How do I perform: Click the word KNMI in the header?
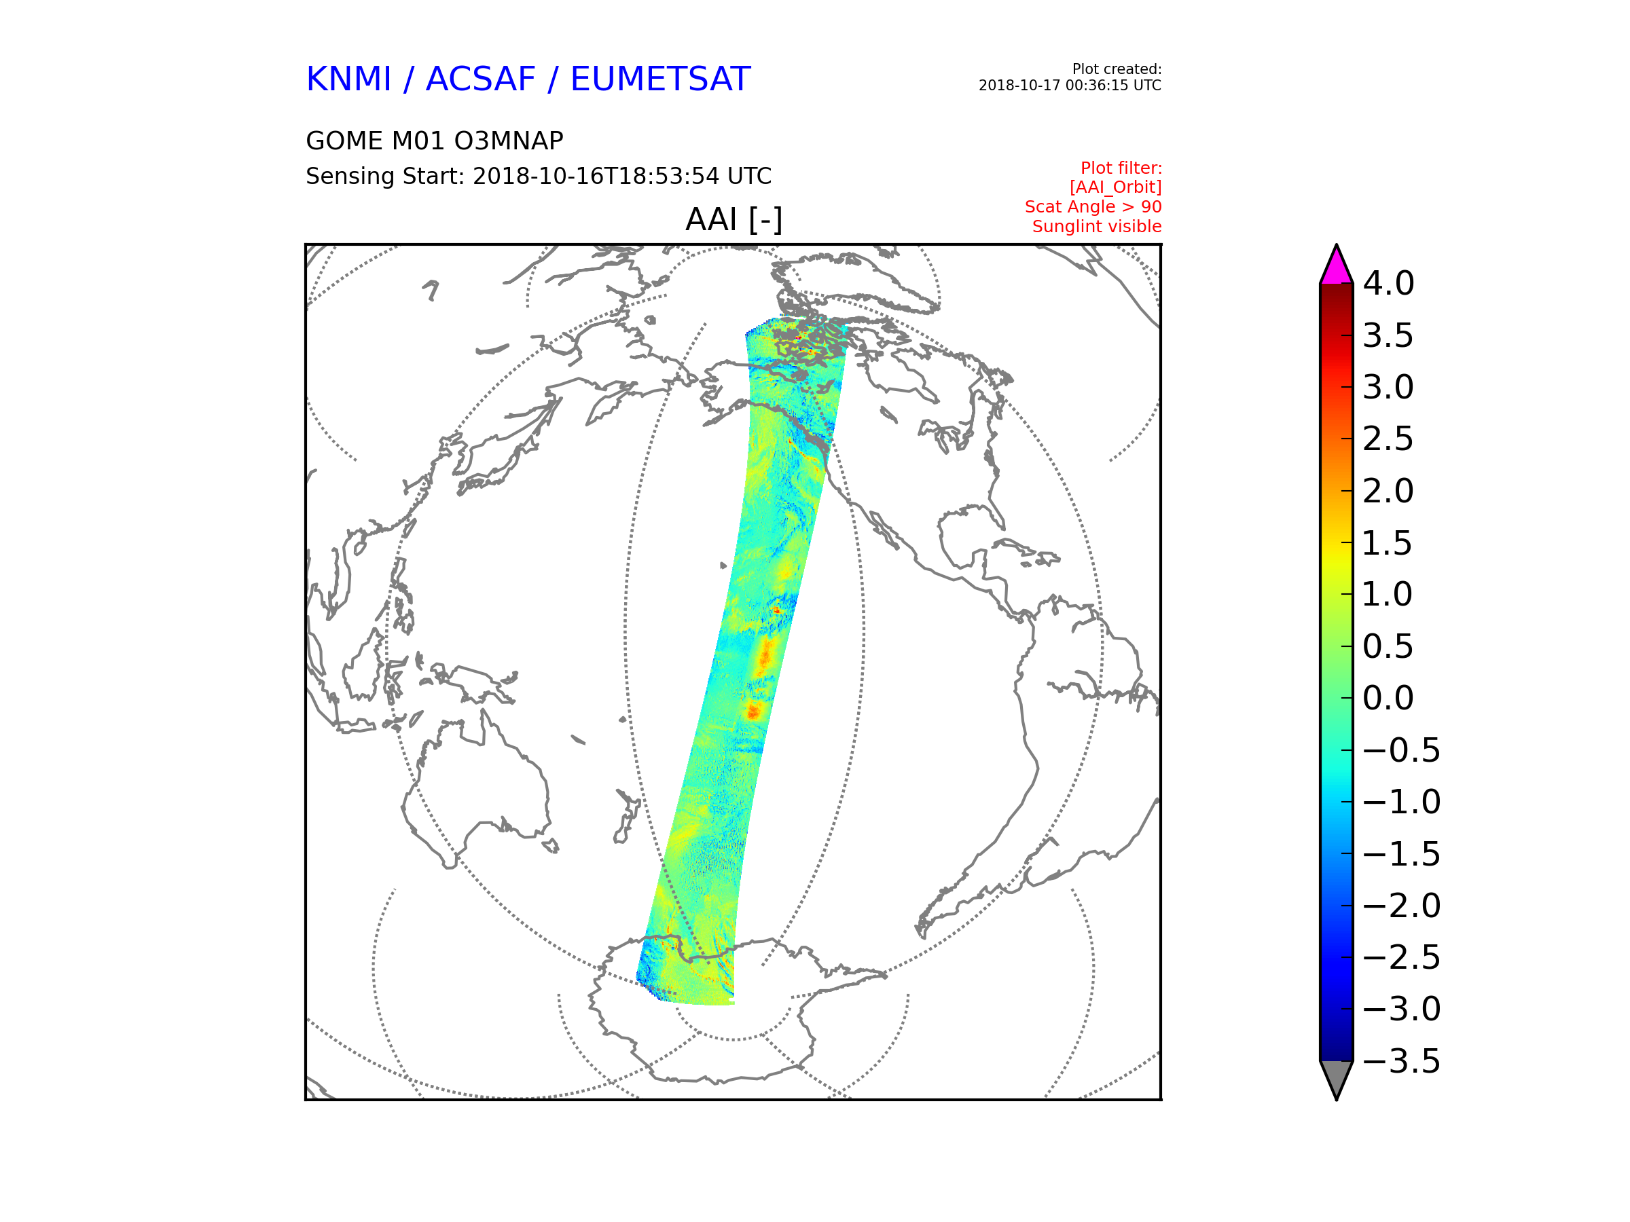click(x=348, y=79)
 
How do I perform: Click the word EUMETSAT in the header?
click(x=660, y=79)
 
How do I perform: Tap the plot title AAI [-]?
click(x=733, y=219)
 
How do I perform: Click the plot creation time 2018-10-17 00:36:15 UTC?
click(x=1069, y=86)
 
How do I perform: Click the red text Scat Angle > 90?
click(x=1093, y=207)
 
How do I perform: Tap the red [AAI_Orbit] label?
click(x=1115, y=188)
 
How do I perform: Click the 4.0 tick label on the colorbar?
click(x=1388, y=283)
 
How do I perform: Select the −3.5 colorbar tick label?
click(x=1402, y=1061)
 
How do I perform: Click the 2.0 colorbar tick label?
click(x=1388, y=491)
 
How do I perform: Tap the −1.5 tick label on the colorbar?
click(x=1402, y=854)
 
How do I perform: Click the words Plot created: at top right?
click(x=1117, y=69)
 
